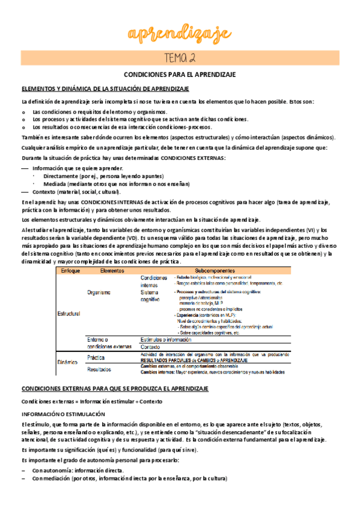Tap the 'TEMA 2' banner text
(179, 58)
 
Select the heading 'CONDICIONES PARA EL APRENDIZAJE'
(179, 75)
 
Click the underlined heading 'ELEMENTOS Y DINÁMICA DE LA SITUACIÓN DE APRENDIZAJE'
(105, 88)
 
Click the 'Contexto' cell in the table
(150, 347)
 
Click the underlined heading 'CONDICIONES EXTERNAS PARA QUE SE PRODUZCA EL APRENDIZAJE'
(115, 389)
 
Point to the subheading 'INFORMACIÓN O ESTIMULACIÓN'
(61, 414)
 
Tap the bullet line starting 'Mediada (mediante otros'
(116, 184)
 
